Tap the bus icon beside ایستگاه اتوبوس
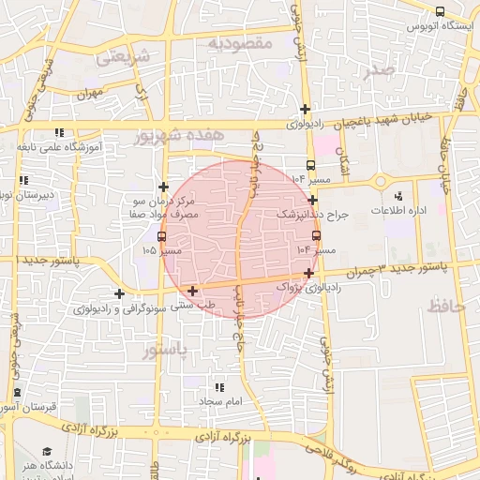click(440, 11)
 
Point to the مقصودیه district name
click(239, 43)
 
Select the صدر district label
click(378, 69)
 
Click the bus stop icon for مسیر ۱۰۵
click(163, 236)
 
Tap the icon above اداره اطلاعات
click(398, 196)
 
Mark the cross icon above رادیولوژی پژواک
click(309, 272)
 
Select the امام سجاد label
click(220, 401)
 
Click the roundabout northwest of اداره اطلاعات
click(381, 182)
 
